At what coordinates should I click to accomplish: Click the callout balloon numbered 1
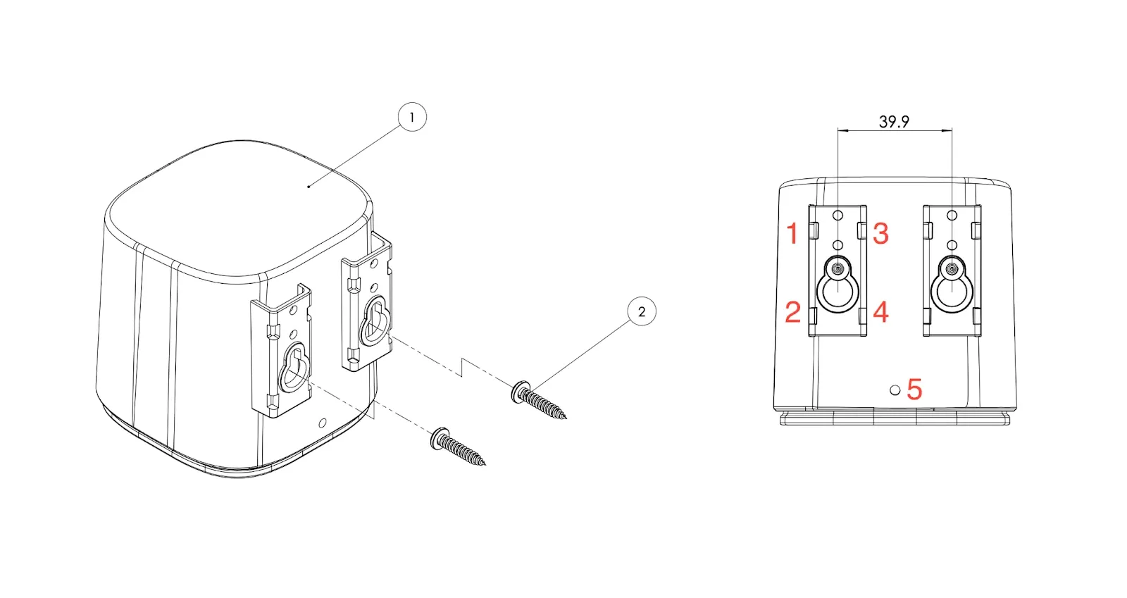point(412,117)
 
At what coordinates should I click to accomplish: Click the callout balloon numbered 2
point(642,312)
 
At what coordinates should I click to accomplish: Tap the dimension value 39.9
point(894,122)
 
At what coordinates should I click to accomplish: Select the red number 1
point(793,234)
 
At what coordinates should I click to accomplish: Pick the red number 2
point(793,312)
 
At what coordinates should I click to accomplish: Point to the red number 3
point(880,233)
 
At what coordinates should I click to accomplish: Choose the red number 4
point(880,312)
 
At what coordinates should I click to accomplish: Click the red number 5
point(914,390)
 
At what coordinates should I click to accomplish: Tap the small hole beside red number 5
point(895,390)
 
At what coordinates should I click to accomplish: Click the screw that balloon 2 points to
point(539,400)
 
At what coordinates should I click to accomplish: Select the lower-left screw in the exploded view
point(459,447)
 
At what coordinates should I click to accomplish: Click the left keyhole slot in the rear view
point(838,285)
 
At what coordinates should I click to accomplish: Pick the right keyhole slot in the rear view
point(952,285)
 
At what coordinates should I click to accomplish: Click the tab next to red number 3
point(861,230)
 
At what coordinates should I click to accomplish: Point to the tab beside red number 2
point(813,316)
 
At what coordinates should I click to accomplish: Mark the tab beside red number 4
point(862,316)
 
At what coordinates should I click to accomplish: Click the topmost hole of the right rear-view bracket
point(952,216)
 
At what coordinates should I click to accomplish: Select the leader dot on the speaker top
point(309,186)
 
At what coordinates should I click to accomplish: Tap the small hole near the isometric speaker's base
point(323,423)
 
